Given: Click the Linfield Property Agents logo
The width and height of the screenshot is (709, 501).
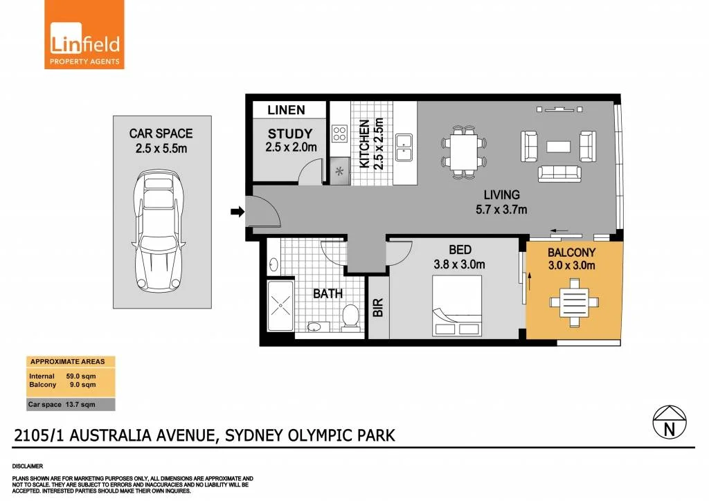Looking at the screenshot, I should tap(84, 35).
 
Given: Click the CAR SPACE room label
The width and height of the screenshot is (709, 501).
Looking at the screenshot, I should tap(161, 133).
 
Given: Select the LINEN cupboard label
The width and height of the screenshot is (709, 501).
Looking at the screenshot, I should tap(286, 110).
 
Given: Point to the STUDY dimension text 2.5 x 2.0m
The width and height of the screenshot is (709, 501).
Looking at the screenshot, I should tap(290, 147).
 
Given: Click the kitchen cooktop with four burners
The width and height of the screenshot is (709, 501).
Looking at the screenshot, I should tap(339, 132).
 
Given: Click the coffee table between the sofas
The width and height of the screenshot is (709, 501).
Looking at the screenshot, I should tap(558, 147).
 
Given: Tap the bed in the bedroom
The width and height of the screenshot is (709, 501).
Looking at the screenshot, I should tap(458, 304).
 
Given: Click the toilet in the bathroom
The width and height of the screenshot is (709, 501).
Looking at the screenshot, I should tap(351, 317).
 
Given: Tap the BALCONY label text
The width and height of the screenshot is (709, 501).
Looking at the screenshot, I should tap(571, 253).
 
